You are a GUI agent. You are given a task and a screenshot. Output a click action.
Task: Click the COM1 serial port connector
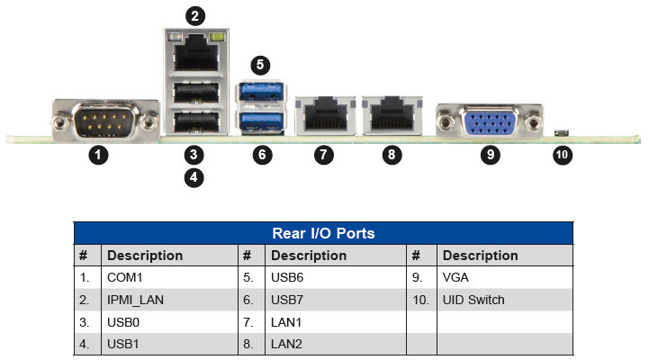point(98,119)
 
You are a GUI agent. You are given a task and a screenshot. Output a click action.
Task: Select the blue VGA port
point(489,121)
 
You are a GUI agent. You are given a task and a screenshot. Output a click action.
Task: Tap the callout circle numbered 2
point(194,14)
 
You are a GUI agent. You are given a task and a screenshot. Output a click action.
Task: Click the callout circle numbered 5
point(260,65)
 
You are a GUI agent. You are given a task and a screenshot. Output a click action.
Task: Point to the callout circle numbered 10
point(563,154)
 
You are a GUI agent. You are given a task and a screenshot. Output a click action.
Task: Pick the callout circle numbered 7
point(324,154)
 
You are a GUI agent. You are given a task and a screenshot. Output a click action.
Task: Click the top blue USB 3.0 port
point(260,92)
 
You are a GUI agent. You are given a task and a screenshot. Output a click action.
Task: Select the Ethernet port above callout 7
point(324,115)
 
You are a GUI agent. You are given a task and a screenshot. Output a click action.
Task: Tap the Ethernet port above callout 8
point(391,115)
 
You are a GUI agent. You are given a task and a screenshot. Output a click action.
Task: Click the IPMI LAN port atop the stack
point(194,55)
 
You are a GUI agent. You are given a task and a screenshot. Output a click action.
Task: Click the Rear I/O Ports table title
point(323,233)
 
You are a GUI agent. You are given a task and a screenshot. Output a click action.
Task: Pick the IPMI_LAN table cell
point(134,300)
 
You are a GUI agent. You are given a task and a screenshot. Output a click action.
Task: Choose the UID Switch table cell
point(473,300)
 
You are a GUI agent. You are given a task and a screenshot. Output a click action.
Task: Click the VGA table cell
point(455,278)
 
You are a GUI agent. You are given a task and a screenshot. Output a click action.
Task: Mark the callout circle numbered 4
point(194,177)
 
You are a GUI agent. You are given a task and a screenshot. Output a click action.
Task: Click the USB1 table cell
point(122,344)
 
